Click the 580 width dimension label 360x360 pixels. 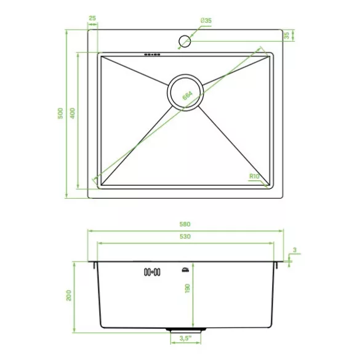[185, 224]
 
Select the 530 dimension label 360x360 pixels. [185, 236]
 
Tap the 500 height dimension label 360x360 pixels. [60, 113]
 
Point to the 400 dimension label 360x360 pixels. [73, 113]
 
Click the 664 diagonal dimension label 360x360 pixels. [188, 95]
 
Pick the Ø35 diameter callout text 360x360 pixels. [206, 21]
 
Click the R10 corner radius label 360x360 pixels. [254, 177]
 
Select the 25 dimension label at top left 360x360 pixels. [92, 18]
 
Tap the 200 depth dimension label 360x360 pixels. [69, 295]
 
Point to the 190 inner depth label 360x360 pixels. [188, 289]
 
